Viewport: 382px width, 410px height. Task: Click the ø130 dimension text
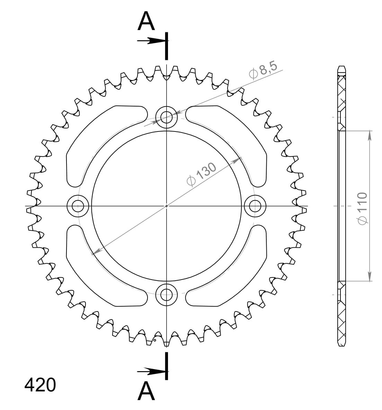pos(202,174)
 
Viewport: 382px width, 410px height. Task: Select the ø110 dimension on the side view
pos(363,208)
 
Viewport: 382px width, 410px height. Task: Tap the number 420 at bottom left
pos(40,385)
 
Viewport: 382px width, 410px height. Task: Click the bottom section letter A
pos(146,391)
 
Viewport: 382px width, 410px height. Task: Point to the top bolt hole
pos(166,117)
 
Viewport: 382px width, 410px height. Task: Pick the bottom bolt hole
pos(166,295)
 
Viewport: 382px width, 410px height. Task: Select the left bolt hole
pos(78,206)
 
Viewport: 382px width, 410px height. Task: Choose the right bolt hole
pos(255,206)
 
